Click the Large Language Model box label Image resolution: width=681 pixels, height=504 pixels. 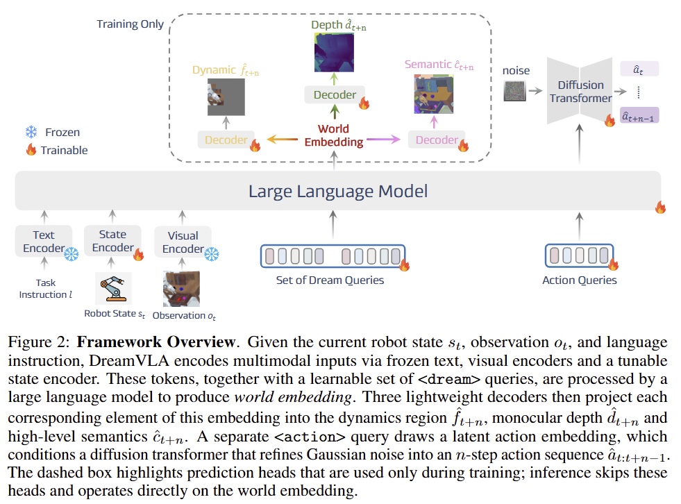pyautogui.click(x=338, y=191)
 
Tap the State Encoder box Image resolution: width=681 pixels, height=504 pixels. pyautogui.click(x=112, y=241)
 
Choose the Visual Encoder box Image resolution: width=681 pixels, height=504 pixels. pyautogui.click(x=183, y=242)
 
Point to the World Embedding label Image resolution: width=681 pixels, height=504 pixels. pyautogui.click(x=333, y=135)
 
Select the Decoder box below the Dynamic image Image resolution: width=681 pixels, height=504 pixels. pyautogui.click(x=226, y=140)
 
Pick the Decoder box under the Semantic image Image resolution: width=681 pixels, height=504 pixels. pyautogui.click(x=437, y=140)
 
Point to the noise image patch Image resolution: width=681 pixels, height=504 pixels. pyautogui.click(x=514, y=90)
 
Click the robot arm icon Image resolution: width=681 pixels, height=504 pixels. pyautogui.click(x=113, y=288)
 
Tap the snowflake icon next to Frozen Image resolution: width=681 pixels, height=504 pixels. pyautogui.click(x=31, y=132)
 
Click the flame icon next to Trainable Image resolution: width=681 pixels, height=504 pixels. pyautogui.click(x=31, y=150)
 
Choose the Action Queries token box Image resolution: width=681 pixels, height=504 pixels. pyautogui.click(x=579, y=255)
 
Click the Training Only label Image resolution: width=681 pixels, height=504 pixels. pyautogui.click(x=130, y=24)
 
